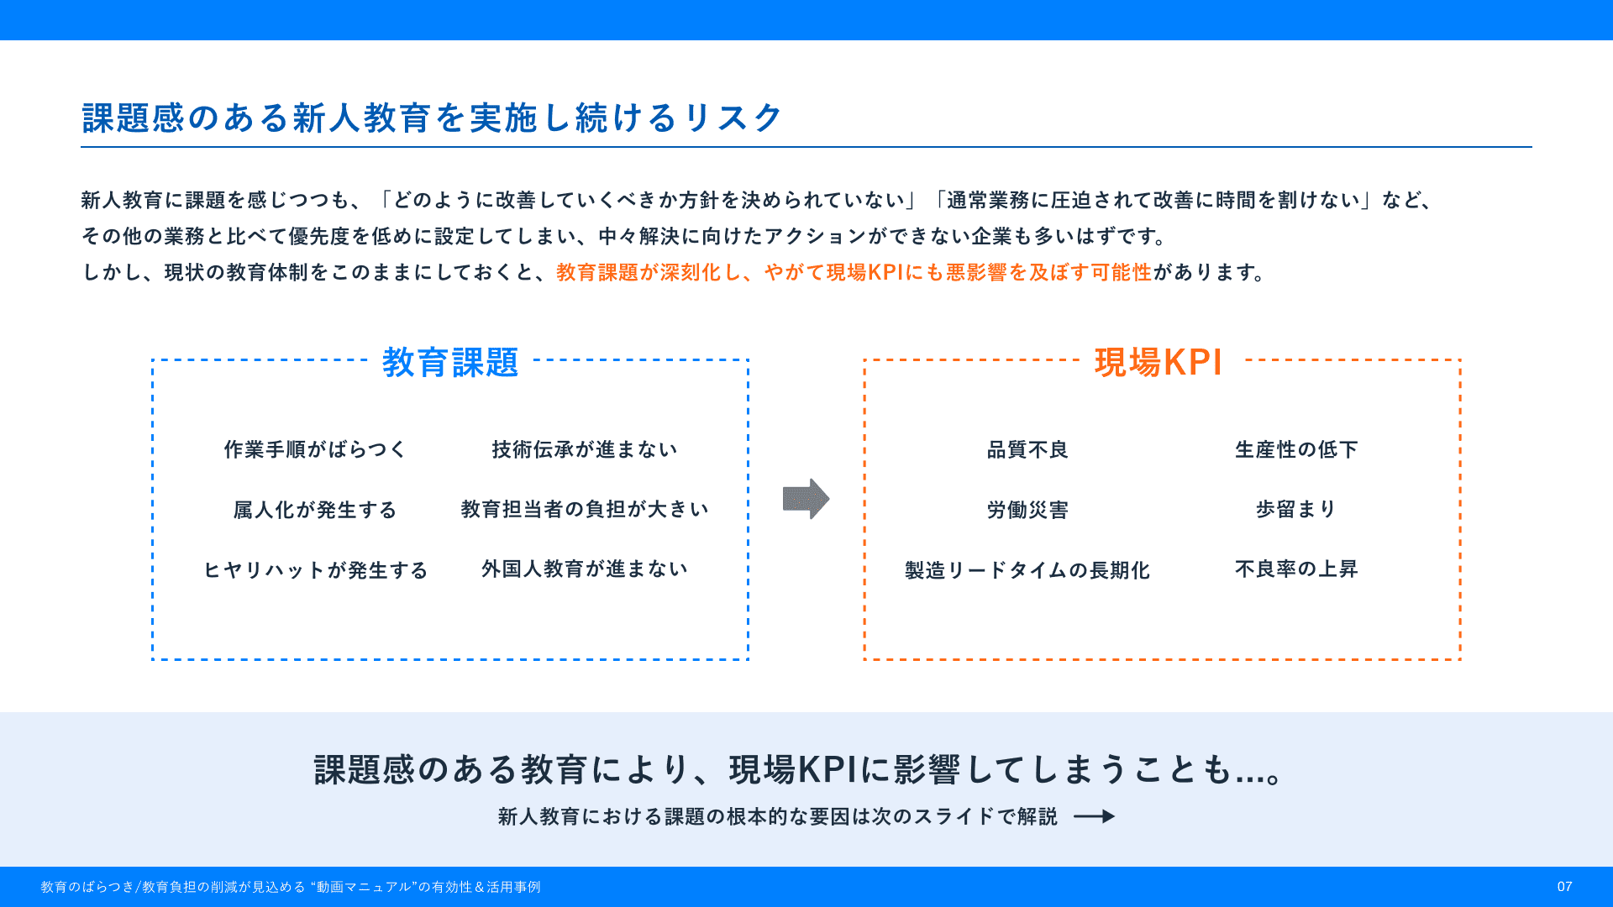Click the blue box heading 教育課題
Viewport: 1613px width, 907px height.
(450, 363)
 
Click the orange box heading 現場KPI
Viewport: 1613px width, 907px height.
(1159, 363)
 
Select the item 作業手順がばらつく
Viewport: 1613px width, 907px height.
(315, 449)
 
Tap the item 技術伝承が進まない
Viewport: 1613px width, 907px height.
(585, 449)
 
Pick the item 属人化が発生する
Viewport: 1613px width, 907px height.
(315, 510)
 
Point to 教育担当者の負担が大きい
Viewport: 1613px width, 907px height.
(585, 509)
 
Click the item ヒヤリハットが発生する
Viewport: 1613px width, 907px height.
(315, 570)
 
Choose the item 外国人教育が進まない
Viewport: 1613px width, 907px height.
(585, 569)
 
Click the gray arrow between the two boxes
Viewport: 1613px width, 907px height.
(806, 499)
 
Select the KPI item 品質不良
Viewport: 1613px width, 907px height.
(1027, 449)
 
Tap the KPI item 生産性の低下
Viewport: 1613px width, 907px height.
(1296, 449)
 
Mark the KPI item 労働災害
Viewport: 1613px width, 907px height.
(1027, 510)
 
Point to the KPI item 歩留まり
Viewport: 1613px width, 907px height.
(1296, 509)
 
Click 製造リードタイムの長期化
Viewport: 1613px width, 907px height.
(1027, 570)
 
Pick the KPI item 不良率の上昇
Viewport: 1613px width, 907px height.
(1296, 569)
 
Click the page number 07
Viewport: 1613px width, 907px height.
(1564, 887)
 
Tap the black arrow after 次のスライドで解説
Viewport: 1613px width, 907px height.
(1095, 816)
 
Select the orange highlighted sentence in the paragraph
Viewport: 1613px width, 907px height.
(854, 272)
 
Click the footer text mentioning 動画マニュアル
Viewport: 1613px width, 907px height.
(291, 887)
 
